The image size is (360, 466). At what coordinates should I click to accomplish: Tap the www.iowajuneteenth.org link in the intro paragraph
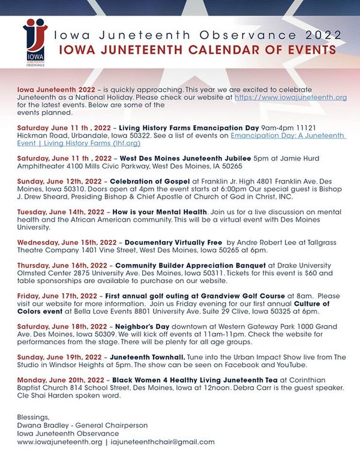point(290,97)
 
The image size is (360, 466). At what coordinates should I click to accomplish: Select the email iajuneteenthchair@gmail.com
point(163,441)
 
